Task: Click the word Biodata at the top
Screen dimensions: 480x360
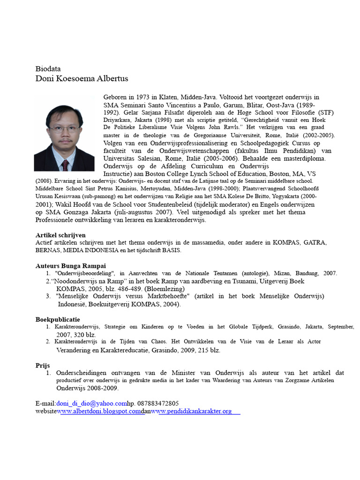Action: (48, 68)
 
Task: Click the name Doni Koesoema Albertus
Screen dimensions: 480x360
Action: (82, 78)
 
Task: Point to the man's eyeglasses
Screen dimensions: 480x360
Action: (62, 128)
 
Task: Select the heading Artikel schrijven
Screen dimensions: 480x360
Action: (60, 235)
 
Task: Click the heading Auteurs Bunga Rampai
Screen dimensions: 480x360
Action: (70, 266)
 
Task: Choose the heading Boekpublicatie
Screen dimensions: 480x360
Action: (58, 319)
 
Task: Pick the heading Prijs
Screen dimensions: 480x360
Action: (43, 365)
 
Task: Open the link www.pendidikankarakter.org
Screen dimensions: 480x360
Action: (194, 411)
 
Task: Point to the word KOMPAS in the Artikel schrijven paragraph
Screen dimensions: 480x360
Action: (283, 242)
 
